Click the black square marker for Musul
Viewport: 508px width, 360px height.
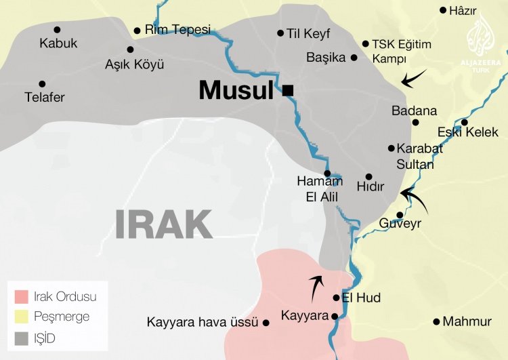pyautogui.click(x=288, y=90)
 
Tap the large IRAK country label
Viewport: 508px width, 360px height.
pyautogui.click(x=163, y=224)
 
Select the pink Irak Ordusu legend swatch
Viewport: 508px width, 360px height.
pyautogui.click(x=22, y=297)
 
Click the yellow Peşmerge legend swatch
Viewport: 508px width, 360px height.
pyautogui.click(x=22, y=317)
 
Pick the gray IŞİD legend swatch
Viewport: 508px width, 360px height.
pyautogui.click(x=22, y=336)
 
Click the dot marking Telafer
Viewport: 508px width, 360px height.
pyautogui.click(x=42, y=83)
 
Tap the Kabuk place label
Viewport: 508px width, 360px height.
pyautogui.click(x=58, y=43)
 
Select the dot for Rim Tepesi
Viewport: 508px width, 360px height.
pyautogui.click(x=137, y=31)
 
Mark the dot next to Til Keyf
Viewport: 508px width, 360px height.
pyautogui.click(x=280, y=33)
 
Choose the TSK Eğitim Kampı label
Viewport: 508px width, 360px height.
pyautogui.click(x=402, y=51)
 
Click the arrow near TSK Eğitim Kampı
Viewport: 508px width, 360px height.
pyautogui.click(x=414, y=77)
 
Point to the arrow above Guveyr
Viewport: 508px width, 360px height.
pyautogui.click(x=414, y=201)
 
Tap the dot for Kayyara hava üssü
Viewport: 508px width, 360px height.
pyautogui.click(x=266, y=323)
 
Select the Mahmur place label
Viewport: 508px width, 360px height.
pyautogui.click(x=467, y=322)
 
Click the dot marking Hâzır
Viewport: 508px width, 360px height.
pyautogui.click(x=443, y=10)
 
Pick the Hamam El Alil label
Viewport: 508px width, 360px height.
pyautogui.click(x=319, y=189)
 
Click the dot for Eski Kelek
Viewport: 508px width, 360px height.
pyautogui.click(x=464, y=123)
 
